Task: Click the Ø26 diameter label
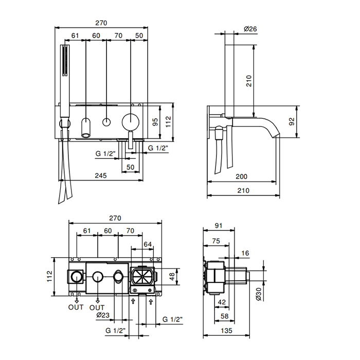tap(250, 29)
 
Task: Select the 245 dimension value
tap(101, 176)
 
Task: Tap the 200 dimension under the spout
tap(242, 176)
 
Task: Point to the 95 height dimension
tap(155, 122)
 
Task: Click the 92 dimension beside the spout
tap(292, 121)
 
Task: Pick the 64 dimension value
tap(148, 244)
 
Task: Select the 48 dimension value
tap(172, 277)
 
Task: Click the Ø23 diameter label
tap(103, 315)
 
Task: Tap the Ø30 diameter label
tap(258, 294)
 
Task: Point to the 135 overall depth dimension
tap(227, 331)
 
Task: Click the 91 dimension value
tap(219, 226)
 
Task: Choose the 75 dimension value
tap(216, 241)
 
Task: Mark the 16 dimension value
tap(245, 253)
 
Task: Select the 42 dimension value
tap(222, 302)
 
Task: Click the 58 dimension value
tap(225, 316)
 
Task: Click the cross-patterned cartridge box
tap(142, 276)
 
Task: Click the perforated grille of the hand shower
tap(65, 60)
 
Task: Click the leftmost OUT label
tap(76, 307)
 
